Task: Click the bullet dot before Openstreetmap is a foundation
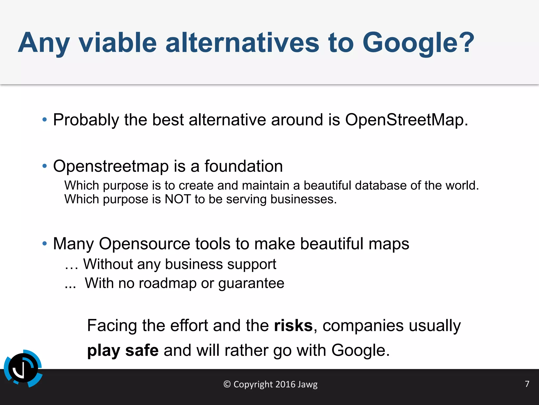tap(45, 166)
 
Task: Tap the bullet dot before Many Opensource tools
tap(45, 243)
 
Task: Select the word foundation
tap(243, 166)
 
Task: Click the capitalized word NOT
tap(177, 199)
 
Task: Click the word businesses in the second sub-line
tap(303, 199)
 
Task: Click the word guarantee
tap(251, 284)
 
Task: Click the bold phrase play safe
tap(123, 351)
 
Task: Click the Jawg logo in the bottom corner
tap(23, 368)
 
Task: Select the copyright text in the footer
tap(270, 384)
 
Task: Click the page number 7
tap(527, 384)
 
